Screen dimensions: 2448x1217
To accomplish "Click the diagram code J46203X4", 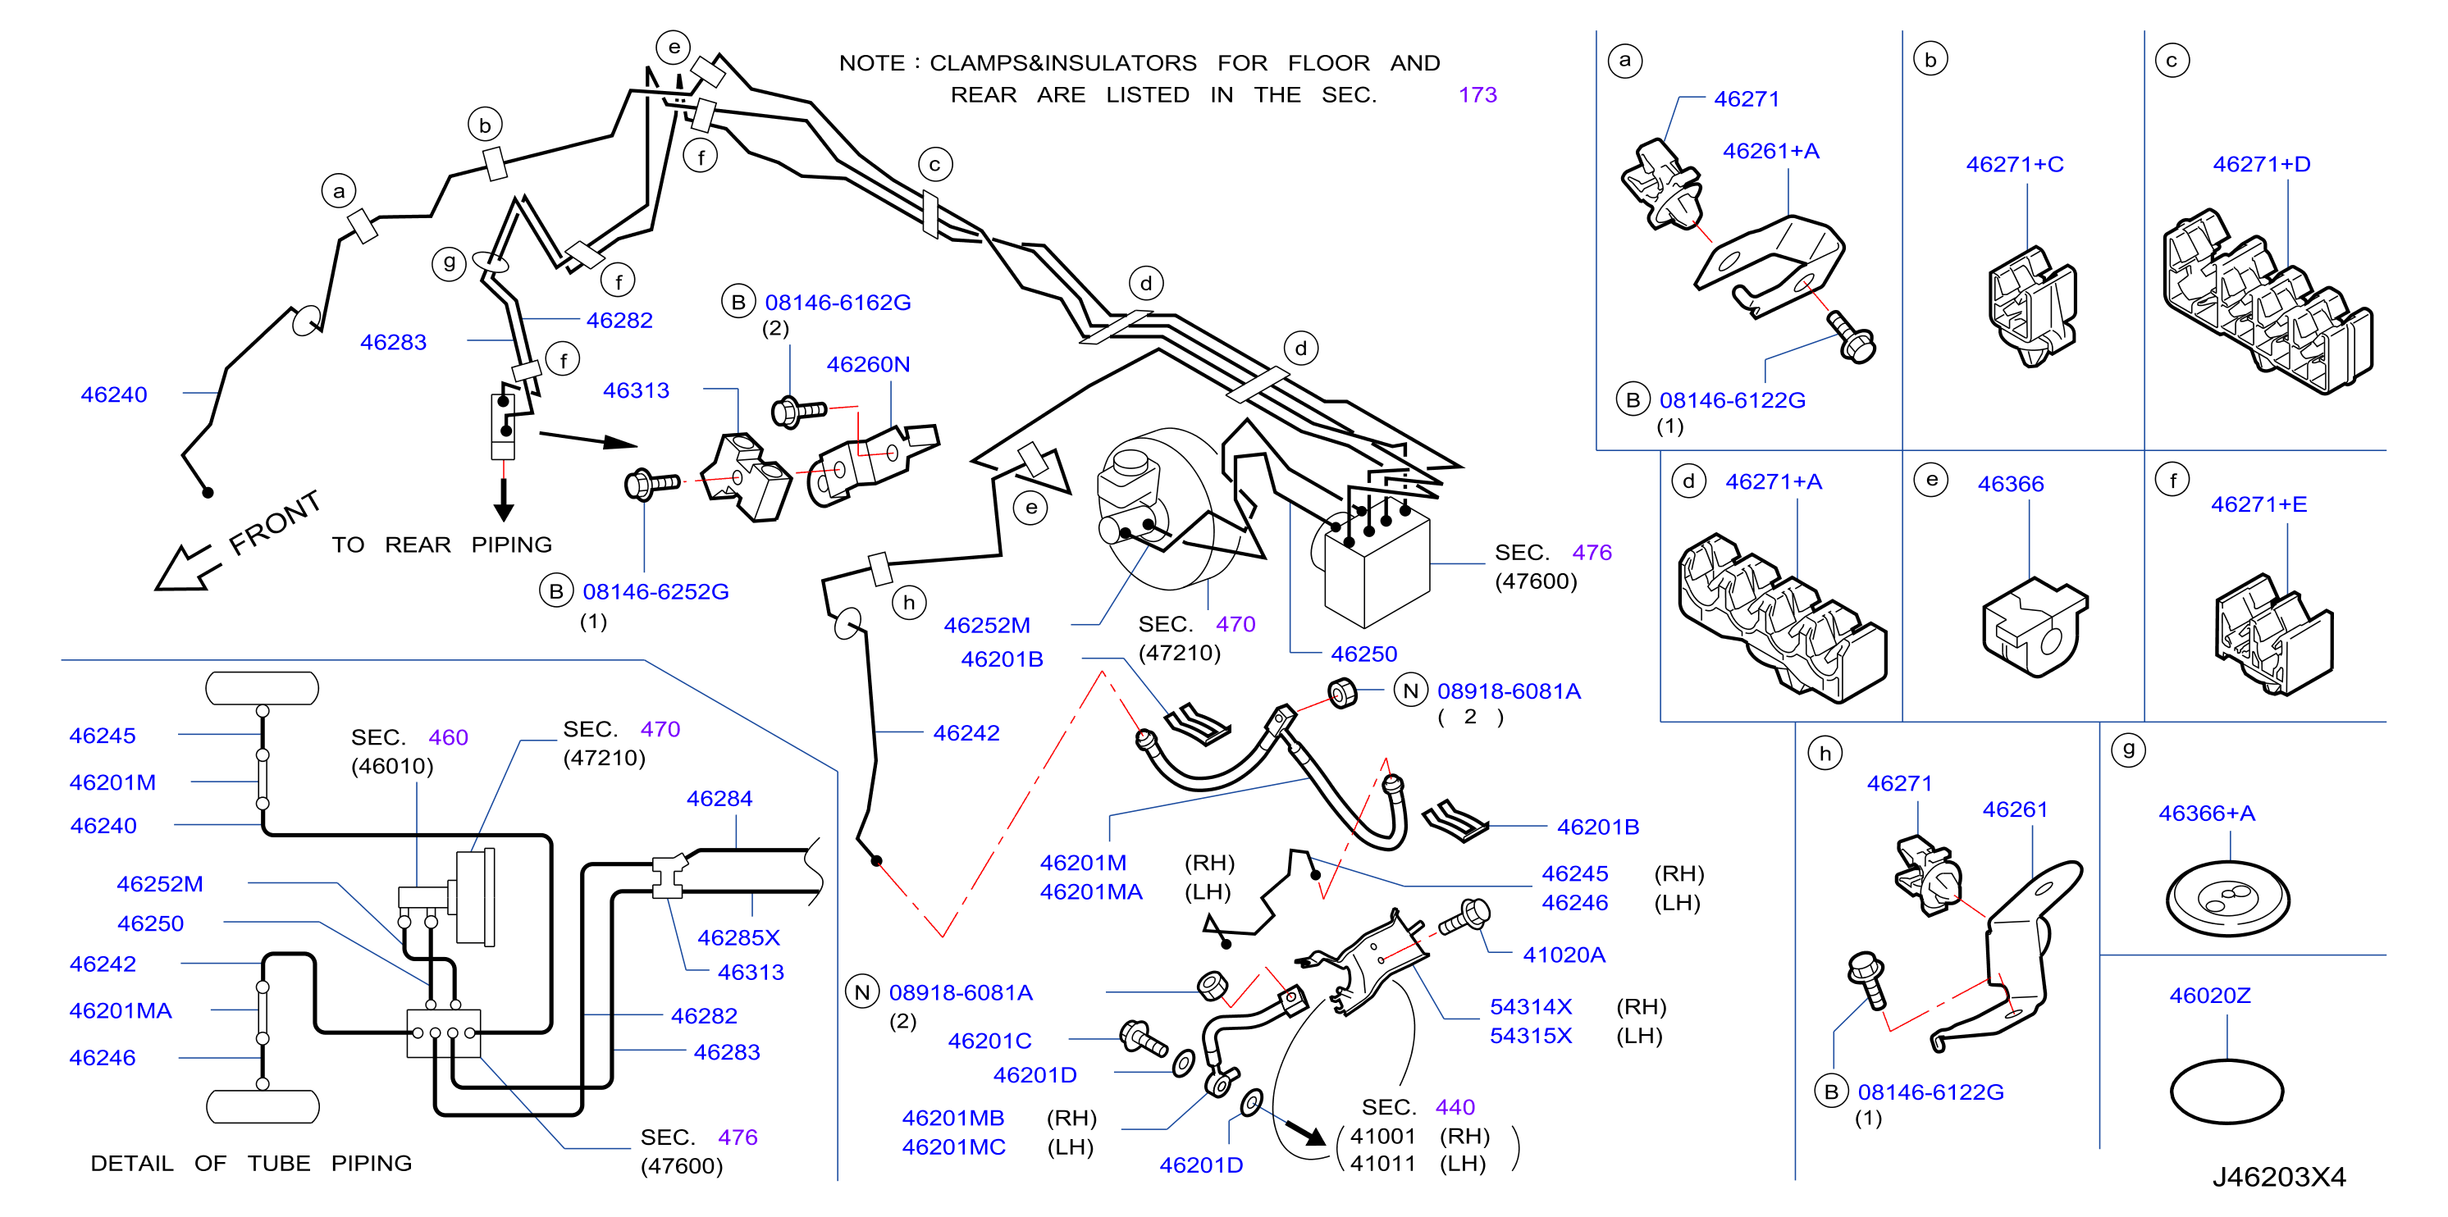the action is tap(2279, 1177).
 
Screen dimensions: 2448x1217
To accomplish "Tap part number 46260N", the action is tap(868, 364).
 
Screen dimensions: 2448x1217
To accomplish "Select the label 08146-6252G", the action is tap(655, 592).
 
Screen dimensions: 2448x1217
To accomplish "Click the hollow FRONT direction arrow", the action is tap(187, 568).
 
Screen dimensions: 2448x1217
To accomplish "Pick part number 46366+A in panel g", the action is tap(2206, 814).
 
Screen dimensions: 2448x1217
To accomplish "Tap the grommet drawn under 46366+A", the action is tap(2227, 899).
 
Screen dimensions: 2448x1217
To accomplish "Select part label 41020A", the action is tap(1564, 955).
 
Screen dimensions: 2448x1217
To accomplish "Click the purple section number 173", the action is tap(1477, 95).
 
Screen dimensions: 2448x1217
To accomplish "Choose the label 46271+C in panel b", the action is tap(2015, 164).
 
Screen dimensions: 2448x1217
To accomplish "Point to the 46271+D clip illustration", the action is tap(2267, 302).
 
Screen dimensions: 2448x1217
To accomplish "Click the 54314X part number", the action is tap(1530, 1006).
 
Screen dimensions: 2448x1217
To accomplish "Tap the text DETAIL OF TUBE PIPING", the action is tap(251, 1163).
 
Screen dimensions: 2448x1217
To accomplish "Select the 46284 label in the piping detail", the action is tap(719, 798).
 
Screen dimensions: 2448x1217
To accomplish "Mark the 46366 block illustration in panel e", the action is tap(2034, 627).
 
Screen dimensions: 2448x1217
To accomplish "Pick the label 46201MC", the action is tap(953, 1146).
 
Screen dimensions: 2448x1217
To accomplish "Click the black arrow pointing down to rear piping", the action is tap(504, 499).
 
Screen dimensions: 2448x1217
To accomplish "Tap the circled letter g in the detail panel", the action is tap(2129, 750).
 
